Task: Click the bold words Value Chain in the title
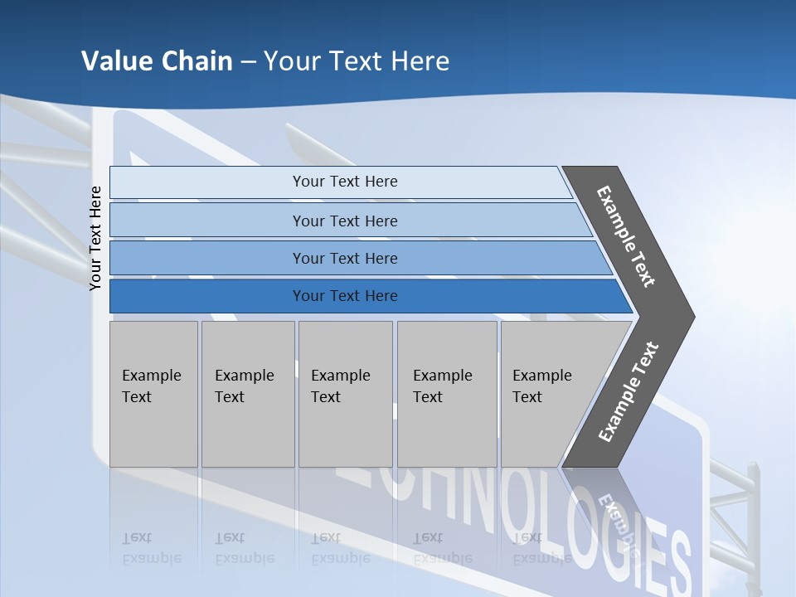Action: (157, 61)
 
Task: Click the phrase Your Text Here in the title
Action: (357, 61)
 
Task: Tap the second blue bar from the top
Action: (344, 221)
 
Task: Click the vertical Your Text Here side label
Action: (96, 238)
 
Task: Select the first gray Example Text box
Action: (153, 394)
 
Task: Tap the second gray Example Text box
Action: (248, 394)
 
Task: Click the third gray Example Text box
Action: (345, 394)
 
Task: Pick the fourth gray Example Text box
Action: (447, 394)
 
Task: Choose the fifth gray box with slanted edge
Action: (551, 394)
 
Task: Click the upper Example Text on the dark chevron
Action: (626, 236)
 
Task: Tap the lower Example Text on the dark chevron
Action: (628, 392)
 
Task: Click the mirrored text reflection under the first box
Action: (152, 549)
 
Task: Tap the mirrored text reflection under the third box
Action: (340, 549)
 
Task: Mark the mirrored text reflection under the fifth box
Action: (541, 549)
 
